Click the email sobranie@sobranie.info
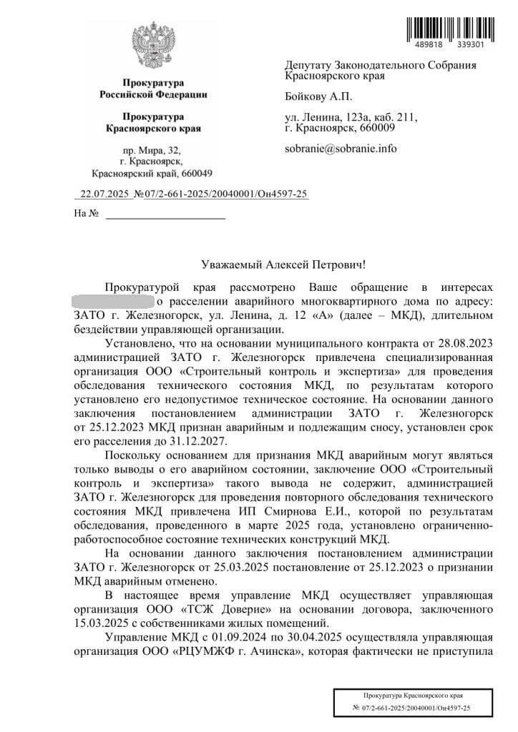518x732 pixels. coord(340,149)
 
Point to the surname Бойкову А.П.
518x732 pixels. coord(318,97)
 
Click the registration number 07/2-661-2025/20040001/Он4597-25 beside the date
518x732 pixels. coord(226,194)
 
